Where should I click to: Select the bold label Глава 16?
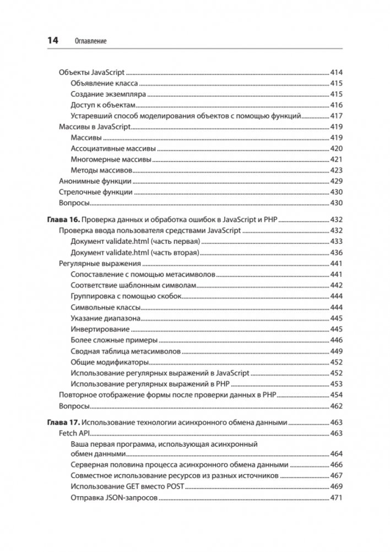tap(65, 219)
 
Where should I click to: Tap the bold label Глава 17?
tap(65, 423)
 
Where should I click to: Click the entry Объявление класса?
tap(104, 83)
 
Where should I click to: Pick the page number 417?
tap(337, 116)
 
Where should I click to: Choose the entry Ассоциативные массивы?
tap(113, 148)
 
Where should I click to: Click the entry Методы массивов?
tap(101, 170)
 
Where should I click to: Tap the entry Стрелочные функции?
tap(96, 192)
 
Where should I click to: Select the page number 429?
tap(337, 181)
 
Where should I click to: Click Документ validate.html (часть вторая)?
tap(134, 252)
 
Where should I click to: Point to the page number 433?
tap(337, 242)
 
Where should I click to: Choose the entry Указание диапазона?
tap(105, 318)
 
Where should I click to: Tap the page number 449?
tap(337, 351)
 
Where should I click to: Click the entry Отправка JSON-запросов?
tap(115, 498)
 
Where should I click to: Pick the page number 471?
tap(337, 498)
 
